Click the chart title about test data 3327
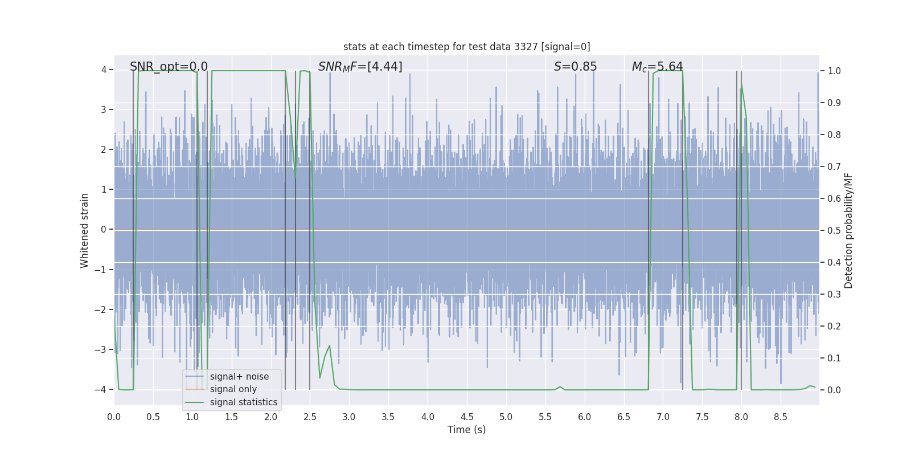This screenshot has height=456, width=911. click(466, 47)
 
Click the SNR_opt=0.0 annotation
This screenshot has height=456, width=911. click(169, 67)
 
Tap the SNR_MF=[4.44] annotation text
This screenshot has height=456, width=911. click(360, 67)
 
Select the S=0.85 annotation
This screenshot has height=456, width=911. click(575, 67)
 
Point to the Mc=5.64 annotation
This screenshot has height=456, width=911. click(657, 67)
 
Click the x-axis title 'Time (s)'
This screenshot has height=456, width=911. click(466, 430)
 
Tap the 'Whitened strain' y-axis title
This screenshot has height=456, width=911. click(85, 230)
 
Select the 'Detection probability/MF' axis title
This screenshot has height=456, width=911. click(848, 230)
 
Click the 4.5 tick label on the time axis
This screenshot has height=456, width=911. click(467, 417)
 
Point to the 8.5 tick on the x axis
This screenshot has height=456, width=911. click(780, 417)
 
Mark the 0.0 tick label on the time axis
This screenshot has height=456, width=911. click(114, 417)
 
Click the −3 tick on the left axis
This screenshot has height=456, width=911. click(103, 349)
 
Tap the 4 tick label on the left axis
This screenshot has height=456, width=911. click(104, 70)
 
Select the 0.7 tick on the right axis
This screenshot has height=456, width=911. click(834, 166)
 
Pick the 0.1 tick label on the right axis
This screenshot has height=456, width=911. click(834, 358)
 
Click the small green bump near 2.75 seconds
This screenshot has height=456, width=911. click(329, 347)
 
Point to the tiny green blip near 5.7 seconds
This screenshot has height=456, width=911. click(560, 387)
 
